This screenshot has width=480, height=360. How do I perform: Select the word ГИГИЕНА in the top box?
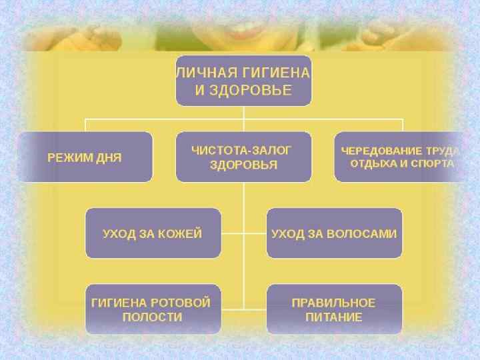click(x=274, y=74)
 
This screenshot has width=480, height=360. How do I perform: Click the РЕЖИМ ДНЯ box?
click(x=85, y=157)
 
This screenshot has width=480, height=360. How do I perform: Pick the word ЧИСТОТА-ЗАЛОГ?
click(x=242, y=150)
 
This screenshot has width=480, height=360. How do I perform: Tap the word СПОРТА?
click(x=432, y=163)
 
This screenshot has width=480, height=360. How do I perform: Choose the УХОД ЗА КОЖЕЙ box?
click(x=153, y=233)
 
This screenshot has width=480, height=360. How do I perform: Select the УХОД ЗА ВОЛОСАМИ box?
click(x=334, y=233)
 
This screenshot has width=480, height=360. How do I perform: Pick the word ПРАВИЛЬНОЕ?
click(x=334, y=303)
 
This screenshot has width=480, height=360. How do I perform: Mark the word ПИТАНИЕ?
click(x=334, y=317)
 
